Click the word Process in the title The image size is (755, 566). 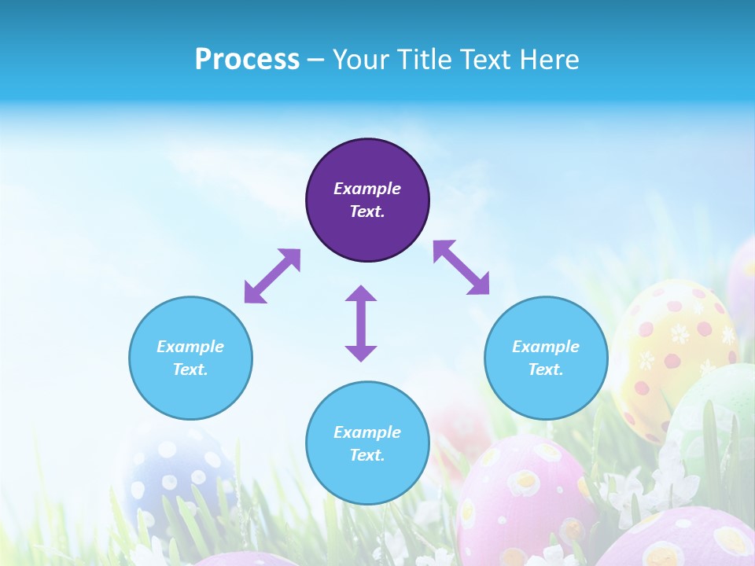(x=247, y=60)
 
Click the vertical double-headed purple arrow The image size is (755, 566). (x=361, y=323)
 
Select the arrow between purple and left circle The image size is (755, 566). (x=272, y=276)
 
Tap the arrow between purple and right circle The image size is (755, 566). (x=461, y=267)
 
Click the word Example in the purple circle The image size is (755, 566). (x=367, y=189)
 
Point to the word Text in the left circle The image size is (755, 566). (x=190, y=369)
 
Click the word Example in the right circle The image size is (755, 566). (x=546, y=347)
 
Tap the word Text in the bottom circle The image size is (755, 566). (x=367, y=455)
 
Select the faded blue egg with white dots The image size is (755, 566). (x=177, y=472)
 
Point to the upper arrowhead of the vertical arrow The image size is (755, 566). (x=361, y=294)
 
